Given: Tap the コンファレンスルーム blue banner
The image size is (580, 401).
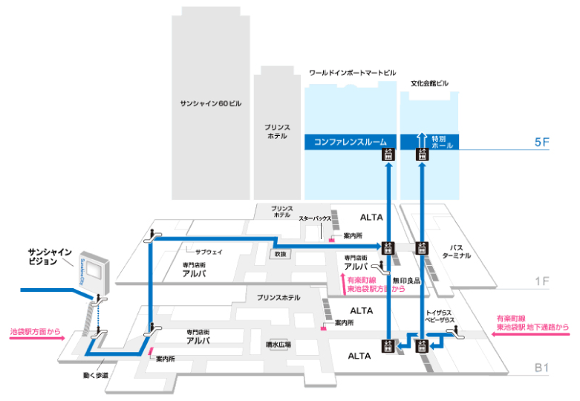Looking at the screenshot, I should pos(351,141).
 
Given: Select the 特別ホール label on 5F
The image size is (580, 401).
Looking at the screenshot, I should pos(438,141).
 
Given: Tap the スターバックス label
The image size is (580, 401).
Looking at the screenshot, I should pos(314,219).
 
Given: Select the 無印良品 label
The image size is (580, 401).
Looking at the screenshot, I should pos(409,281).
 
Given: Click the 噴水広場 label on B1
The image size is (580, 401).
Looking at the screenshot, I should pos(279,345).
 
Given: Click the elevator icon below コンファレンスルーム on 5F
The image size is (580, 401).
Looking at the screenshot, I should pos(387,154).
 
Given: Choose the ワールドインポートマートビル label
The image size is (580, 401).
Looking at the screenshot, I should pos(352,74).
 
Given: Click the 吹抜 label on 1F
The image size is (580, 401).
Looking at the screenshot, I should pos(279,254).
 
